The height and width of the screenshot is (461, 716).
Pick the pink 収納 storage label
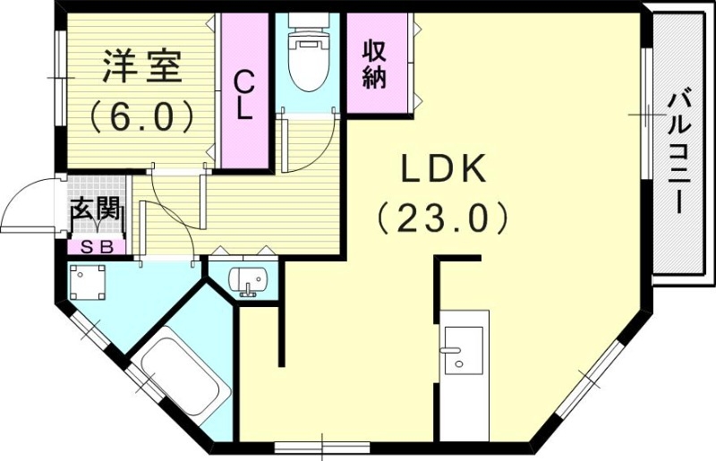click(x=374, y=64)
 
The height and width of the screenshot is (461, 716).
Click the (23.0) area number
click(x=442, y=217)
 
